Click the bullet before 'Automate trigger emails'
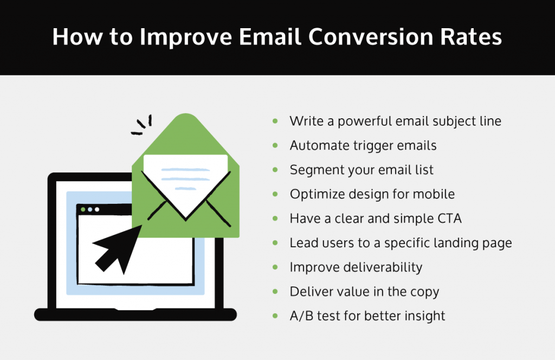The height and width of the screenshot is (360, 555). click(x=276, y=145)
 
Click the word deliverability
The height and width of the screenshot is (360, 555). click(x=379, y=267)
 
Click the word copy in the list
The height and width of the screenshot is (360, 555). click(x=424, y=292)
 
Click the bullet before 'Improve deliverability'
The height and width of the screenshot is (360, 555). click(x=276, y=267)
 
